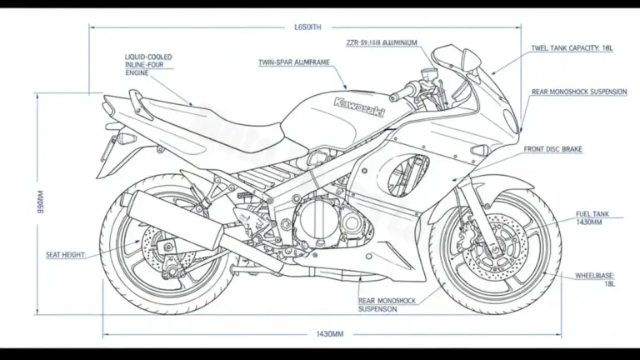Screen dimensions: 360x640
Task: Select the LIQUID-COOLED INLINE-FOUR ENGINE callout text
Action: click(x=149, y=65)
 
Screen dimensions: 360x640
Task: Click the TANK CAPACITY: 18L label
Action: click(x=577, y=49)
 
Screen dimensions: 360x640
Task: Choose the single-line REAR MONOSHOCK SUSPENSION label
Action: click(x=578, y=92)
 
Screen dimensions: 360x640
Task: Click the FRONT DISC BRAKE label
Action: click(x=553, y=149)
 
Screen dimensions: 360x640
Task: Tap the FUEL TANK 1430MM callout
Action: click(x=592, y=218)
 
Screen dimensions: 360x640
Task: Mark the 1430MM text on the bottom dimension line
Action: click(x=330, y=334)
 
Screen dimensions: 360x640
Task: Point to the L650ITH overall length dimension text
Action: click(x=307, y=27)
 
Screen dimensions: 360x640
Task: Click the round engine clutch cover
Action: click(x=317, y=221)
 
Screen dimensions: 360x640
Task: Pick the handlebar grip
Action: click(x=398, y=88)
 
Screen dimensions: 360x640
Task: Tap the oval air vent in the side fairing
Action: click(x=406, y=177)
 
